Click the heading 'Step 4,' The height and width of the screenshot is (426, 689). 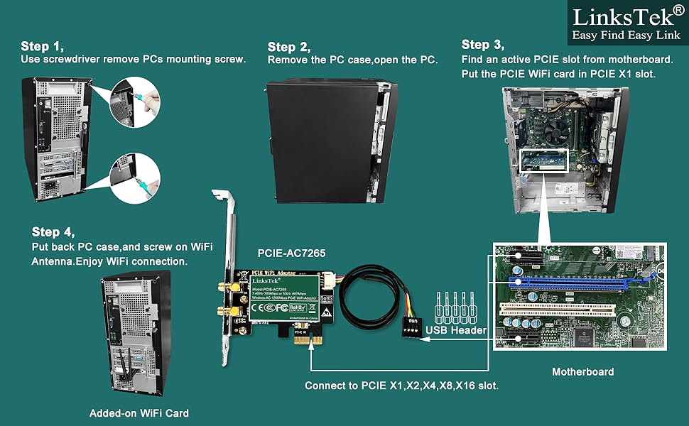(53, 232)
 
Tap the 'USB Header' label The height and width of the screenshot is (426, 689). (455, 329)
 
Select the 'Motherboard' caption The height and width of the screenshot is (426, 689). (582, 371)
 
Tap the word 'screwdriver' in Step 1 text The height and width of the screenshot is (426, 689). (76, 60)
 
